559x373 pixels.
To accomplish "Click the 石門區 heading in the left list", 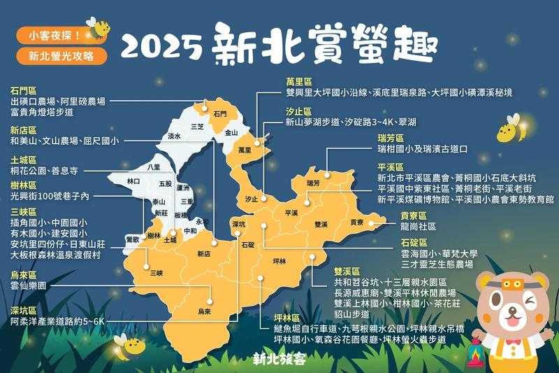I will click(x=23, y=91).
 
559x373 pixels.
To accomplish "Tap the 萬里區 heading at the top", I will click(x=299, y=82).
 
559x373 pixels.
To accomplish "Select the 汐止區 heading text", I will click(x=299, y=111).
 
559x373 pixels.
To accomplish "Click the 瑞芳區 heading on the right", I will click(x=390, y=139).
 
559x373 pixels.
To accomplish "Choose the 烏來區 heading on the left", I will click(x=23, y=274).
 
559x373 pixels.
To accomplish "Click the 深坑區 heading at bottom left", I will click(x=23, y=309).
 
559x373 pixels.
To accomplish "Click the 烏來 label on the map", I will click(x=204, y=311).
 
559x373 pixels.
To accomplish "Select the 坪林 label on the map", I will click(x=279, y=261).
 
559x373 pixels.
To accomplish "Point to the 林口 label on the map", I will click(x=133, y=181).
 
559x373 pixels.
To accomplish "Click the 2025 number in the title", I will click(x=163, y=48).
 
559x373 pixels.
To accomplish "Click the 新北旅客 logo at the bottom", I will click(x=279, y=359).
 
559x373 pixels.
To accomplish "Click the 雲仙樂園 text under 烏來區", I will click(x=31, y=286).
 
